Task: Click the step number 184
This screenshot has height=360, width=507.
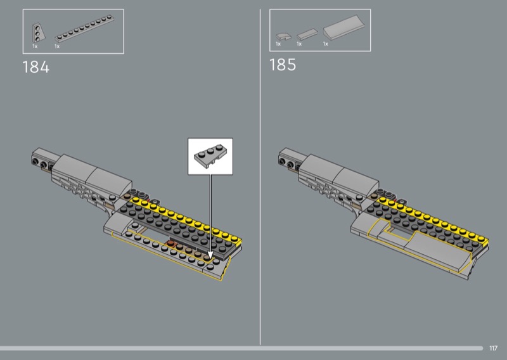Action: point(36,67)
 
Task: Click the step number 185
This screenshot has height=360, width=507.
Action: point(283,65)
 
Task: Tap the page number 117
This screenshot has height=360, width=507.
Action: point(493,349)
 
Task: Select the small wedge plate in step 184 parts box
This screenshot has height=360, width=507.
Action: point(38,33)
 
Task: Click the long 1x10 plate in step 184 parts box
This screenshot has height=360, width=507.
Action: point(84,29)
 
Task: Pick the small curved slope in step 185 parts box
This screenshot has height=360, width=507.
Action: point(283,37)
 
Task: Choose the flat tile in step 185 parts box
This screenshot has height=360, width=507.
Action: point(307,34)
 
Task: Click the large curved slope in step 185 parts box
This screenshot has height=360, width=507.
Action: point(343,27)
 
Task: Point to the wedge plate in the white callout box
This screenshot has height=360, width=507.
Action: point(210,157)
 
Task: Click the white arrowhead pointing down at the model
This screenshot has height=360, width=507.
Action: point(210,255)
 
